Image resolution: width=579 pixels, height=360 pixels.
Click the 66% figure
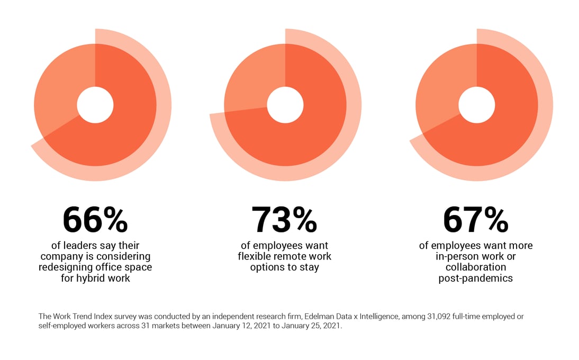95,220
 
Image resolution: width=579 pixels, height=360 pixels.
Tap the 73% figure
284,220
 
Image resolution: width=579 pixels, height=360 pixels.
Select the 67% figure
475,220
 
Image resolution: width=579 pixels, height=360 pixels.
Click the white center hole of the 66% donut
95,105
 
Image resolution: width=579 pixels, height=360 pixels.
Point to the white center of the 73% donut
285,105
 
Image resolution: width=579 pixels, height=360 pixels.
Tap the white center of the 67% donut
476,105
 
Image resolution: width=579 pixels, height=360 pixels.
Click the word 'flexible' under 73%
255,257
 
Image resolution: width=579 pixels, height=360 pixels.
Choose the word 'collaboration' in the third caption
476,267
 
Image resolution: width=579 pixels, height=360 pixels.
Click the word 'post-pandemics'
476,278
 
